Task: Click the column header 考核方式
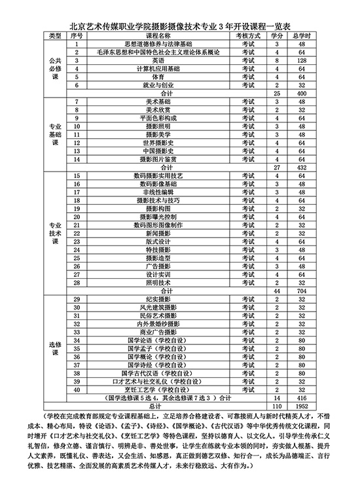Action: click(248, 35)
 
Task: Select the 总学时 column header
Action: click(302, 35)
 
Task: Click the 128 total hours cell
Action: click(302, 60)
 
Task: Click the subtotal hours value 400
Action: click(302, 94)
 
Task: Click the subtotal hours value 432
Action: click(302, 168)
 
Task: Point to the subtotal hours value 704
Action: click(302, 290)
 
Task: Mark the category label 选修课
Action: click(56, 348)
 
